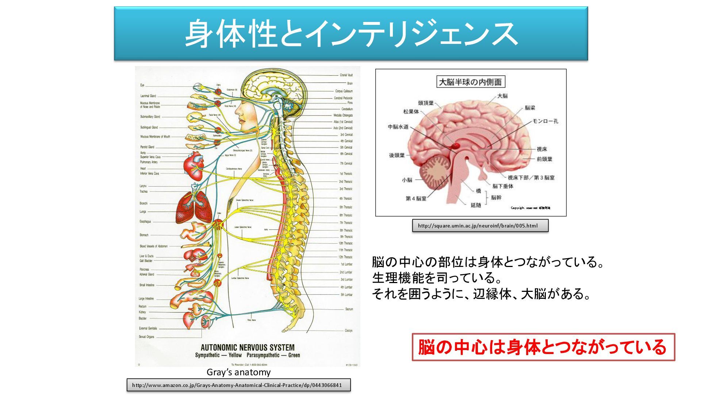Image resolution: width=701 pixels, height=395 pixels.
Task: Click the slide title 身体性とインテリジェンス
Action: point(350,34)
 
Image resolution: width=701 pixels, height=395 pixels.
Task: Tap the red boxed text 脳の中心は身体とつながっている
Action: point(543,347)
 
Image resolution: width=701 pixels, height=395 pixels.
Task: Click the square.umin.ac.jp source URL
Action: point(478,226)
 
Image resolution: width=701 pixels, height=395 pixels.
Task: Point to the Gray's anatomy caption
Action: point(238,372)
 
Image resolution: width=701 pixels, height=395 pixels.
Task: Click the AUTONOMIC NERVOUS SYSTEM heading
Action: point(248,347)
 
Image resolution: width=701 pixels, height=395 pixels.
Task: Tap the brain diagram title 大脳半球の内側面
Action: point(470,82)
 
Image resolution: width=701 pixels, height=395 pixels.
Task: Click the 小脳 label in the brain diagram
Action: point(407,180)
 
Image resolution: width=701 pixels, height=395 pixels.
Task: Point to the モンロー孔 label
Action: point(545,121)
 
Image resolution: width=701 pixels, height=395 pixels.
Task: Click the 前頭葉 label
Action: point(544,159)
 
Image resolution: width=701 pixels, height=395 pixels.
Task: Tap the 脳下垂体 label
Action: point(503,186)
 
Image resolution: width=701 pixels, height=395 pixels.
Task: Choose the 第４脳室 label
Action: point(416,199)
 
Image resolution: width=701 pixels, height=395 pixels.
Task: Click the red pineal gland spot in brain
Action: point(455,146)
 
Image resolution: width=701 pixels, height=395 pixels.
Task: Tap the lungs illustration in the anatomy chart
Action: point(194,208)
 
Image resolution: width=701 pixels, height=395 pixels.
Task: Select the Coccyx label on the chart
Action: point(349,331)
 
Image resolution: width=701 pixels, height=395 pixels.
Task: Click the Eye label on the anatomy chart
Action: point(142,85)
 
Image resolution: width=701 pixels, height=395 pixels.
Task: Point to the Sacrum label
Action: point(349,309)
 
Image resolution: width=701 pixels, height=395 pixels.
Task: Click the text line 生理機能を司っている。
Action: point(437,278)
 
